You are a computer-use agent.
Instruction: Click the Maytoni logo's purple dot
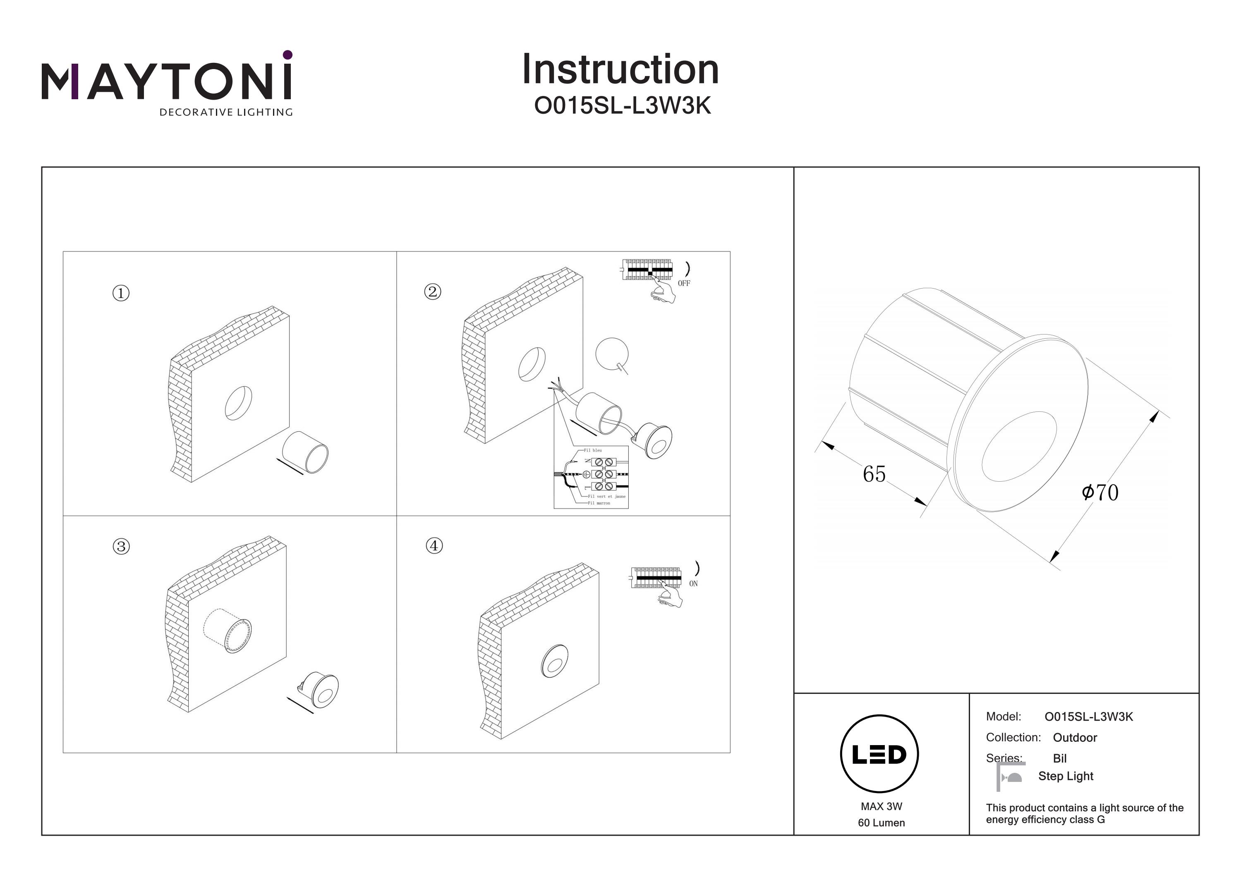click(287, 55)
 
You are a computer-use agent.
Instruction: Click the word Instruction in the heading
click(620, 70)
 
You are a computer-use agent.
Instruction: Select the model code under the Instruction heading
click(622, 106)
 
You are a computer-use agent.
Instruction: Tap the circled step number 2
click(432, 292)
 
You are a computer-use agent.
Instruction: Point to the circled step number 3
click(121, 546)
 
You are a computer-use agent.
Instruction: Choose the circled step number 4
click(434, 546)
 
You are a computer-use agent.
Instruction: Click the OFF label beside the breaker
click(684, 283)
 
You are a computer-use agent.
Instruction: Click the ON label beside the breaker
click(693, 583)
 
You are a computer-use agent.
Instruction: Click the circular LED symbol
click(879, 754)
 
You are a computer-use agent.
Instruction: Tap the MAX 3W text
click(882, 806)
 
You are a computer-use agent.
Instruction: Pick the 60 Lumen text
click(881, 823)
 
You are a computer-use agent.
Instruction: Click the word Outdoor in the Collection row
click(1075, 738)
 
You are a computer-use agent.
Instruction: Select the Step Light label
click(1065, 776)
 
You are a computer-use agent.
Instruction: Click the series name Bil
click(1059, 758)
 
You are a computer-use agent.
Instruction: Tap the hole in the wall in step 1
click(238, 403)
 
